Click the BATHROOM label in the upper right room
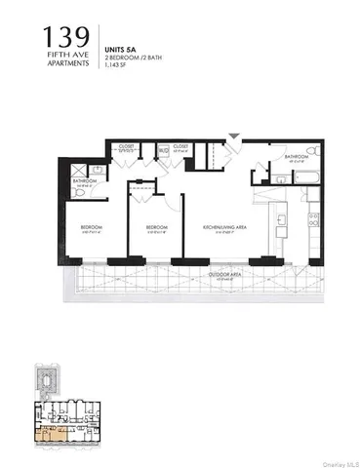pyautogui.click(x=298, y=156)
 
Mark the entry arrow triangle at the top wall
pyautogui.click(x=232, y=136)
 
